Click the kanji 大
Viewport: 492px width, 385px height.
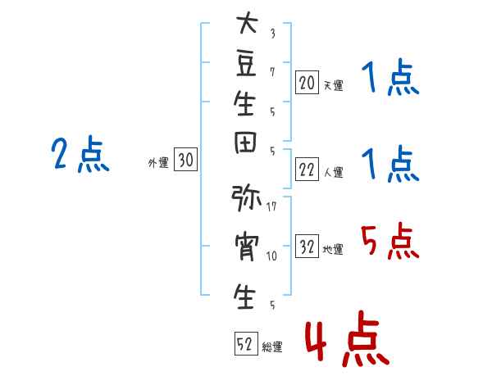coord(248,22)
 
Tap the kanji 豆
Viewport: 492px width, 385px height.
coord(246,64)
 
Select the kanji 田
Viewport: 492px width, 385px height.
coord(245,143)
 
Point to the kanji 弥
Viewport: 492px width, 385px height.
coord(246,198)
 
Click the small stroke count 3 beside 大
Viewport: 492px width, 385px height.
coord(273,34)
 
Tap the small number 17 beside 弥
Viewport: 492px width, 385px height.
coord(271,206)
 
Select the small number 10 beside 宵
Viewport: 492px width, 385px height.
coord(271,256)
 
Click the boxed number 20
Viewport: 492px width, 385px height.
coord(307,83)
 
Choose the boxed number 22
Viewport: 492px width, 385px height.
coord(307,170)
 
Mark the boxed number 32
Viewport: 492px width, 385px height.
coord(307,246)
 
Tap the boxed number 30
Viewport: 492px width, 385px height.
coord(185,159)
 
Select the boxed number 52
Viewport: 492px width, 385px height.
coord(246,343)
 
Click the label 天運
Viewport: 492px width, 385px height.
coord(334,85)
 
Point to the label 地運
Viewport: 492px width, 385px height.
coord(333,249)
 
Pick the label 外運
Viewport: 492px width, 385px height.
coord(158,163)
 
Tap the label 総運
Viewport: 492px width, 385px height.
coord(272,346)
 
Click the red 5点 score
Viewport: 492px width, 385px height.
coord(390,242)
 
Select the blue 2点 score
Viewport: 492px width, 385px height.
coord(80,154)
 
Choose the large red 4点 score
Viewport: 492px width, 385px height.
coord(348,338)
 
